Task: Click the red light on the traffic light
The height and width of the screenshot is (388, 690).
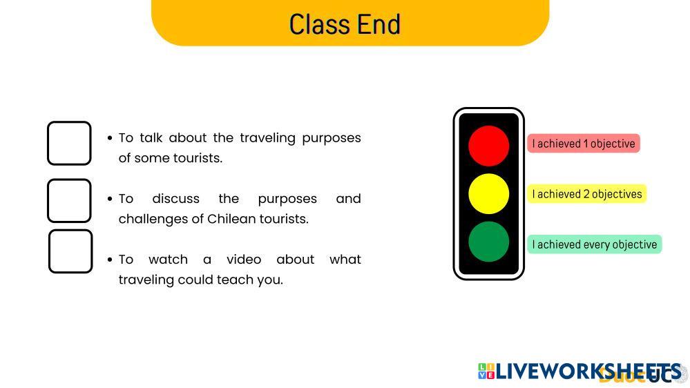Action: pos(488,146)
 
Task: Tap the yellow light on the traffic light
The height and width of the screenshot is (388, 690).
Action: pos(488,193)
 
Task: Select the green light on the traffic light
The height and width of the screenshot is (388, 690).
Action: pos(488,242)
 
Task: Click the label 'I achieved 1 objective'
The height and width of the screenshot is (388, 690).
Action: pos(584,144)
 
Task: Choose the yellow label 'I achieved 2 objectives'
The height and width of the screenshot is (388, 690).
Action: pos(587,194)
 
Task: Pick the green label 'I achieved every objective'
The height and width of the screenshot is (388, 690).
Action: pos(595,244)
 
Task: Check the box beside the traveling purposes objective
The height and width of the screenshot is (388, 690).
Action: pos(69,144)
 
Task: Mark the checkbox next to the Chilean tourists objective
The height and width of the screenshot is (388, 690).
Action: pos(69,201)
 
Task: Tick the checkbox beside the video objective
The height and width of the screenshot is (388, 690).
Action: pos(70,251)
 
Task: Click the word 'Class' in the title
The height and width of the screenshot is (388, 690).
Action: pos(320,24)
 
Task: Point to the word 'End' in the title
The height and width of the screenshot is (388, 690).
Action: pos(379,24)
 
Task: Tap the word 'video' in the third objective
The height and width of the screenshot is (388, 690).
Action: pos(244,260)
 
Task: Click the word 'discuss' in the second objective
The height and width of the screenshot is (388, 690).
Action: pos(175,199)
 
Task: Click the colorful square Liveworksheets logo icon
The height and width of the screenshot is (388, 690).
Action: pos(486,371)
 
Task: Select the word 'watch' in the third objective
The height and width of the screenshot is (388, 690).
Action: pos(168,260)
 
